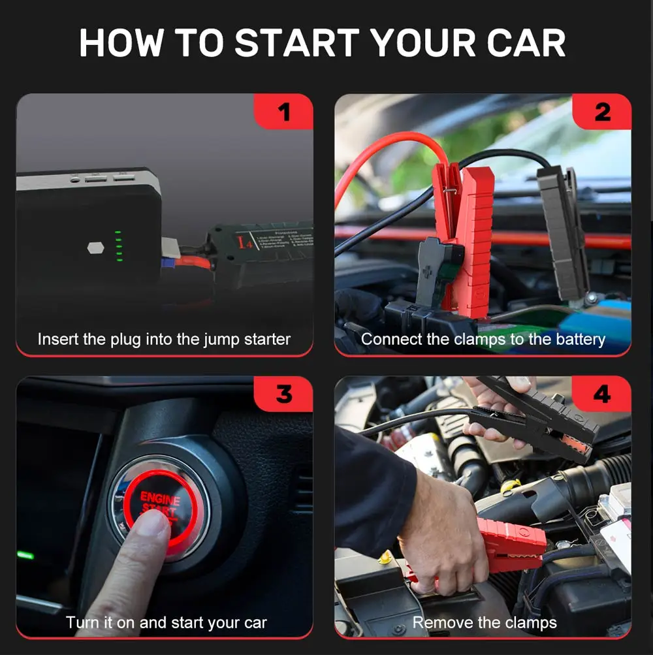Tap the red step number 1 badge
click(x=283, y=112)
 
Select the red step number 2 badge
click(x=602, y=112)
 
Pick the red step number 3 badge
click(x=283, y=394)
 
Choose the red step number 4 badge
click(x=601, y=394)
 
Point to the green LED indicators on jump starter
click(x=118, y=246)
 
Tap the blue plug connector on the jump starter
click(x=167, y=263)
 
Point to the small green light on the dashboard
click(x=25, y=555)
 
